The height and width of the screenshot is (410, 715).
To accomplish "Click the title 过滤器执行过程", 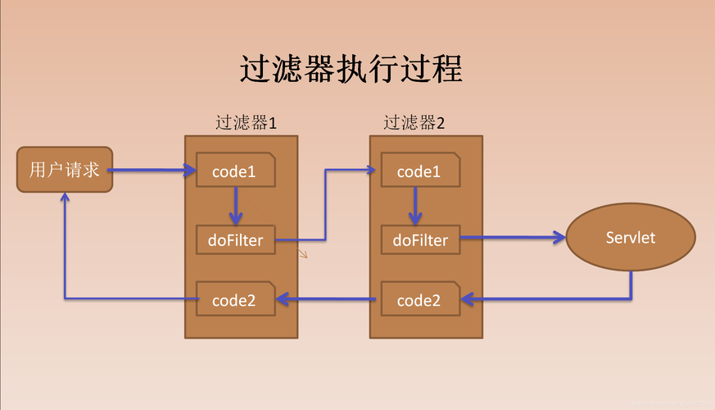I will click(351, 70).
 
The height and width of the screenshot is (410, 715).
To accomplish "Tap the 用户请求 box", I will click(65, 170).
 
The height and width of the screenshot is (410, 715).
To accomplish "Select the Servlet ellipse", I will click(631, 239).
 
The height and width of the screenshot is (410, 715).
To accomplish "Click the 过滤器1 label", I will click(246, 123).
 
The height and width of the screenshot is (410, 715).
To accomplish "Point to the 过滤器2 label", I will click(414, 123).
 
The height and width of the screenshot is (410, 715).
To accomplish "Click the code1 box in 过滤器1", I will click(234, 171).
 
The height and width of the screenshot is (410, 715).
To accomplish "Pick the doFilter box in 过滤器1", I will click(235, 240).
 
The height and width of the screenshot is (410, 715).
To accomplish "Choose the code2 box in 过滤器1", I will click(234, 300).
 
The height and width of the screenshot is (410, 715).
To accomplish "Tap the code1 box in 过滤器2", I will click(419, 171).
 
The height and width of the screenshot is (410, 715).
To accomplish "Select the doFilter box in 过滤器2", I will click(420, 240).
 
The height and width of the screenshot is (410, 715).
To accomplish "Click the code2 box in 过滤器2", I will click(419, 300).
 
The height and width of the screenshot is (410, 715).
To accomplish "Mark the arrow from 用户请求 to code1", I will click(152, 171).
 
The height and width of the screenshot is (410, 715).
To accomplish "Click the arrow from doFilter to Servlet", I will click(512, 239).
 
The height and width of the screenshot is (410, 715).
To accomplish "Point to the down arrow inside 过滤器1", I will click(236, 206).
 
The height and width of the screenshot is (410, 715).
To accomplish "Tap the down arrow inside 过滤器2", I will click(416, 206).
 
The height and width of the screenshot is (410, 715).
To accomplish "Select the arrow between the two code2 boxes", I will click(328, 299).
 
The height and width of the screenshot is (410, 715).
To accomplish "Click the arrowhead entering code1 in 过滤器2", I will click(370, 171).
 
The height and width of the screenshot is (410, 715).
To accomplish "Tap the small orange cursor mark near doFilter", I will click(302, 253).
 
